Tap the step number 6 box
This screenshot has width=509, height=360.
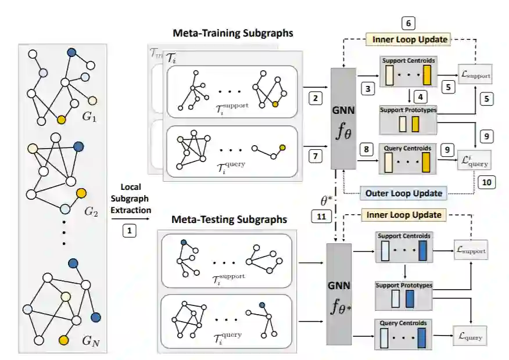click(x=408, y=23)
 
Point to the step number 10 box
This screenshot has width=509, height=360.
click(x=486, y=182)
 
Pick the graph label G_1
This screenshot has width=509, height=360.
click(x=89, y=116)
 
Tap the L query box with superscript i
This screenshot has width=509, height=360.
click(x=474, y=157)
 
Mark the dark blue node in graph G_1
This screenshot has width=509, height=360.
click(x=71, y=52)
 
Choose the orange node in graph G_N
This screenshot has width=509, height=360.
click(x=63, y=339)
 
